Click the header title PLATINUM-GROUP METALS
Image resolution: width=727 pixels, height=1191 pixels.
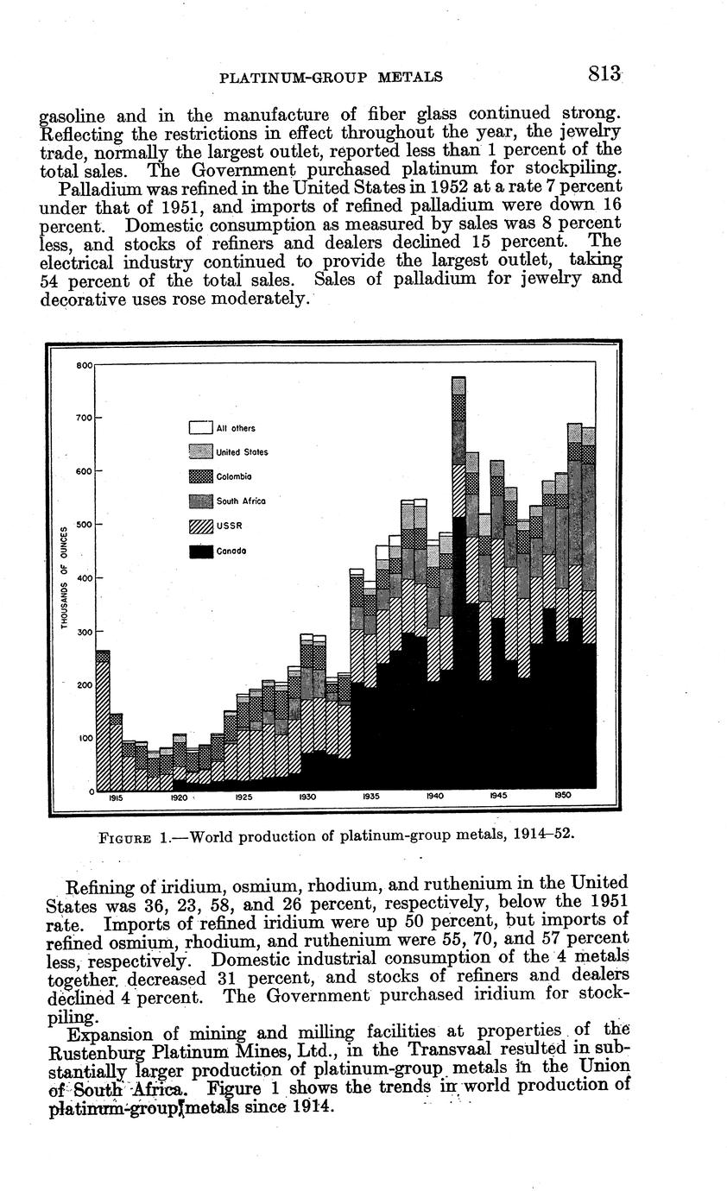tap(332, 78)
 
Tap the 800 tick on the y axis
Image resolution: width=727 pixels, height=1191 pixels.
tap(84, 365)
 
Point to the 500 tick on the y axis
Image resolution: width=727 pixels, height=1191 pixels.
tap(85, 525)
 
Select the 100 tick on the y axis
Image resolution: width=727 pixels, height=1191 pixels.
tap(85, 738)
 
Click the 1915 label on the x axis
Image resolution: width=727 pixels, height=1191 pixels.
tap(115, 798)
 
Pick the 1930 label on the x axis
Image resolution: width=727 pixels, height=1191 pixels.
tap(307, 798)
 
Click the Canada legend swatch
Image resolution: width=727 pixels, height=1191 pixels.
tap(200, 551)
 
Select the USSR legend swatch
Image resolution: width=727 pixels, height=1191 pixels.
tap(200, 526)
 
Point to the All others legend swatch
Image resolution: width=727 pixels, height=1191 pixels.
tap(200, 427)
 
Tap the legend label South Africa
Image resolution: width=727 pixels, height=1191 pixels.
tap(241, 501)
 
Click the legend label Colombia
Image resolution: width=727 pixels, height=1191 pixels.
tap(234, 476)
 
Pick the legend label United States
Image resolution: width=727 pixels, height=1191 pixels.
tap(242, 452)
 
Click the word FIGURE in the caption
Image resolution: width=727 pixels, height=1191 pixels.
tap(126, 837)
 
